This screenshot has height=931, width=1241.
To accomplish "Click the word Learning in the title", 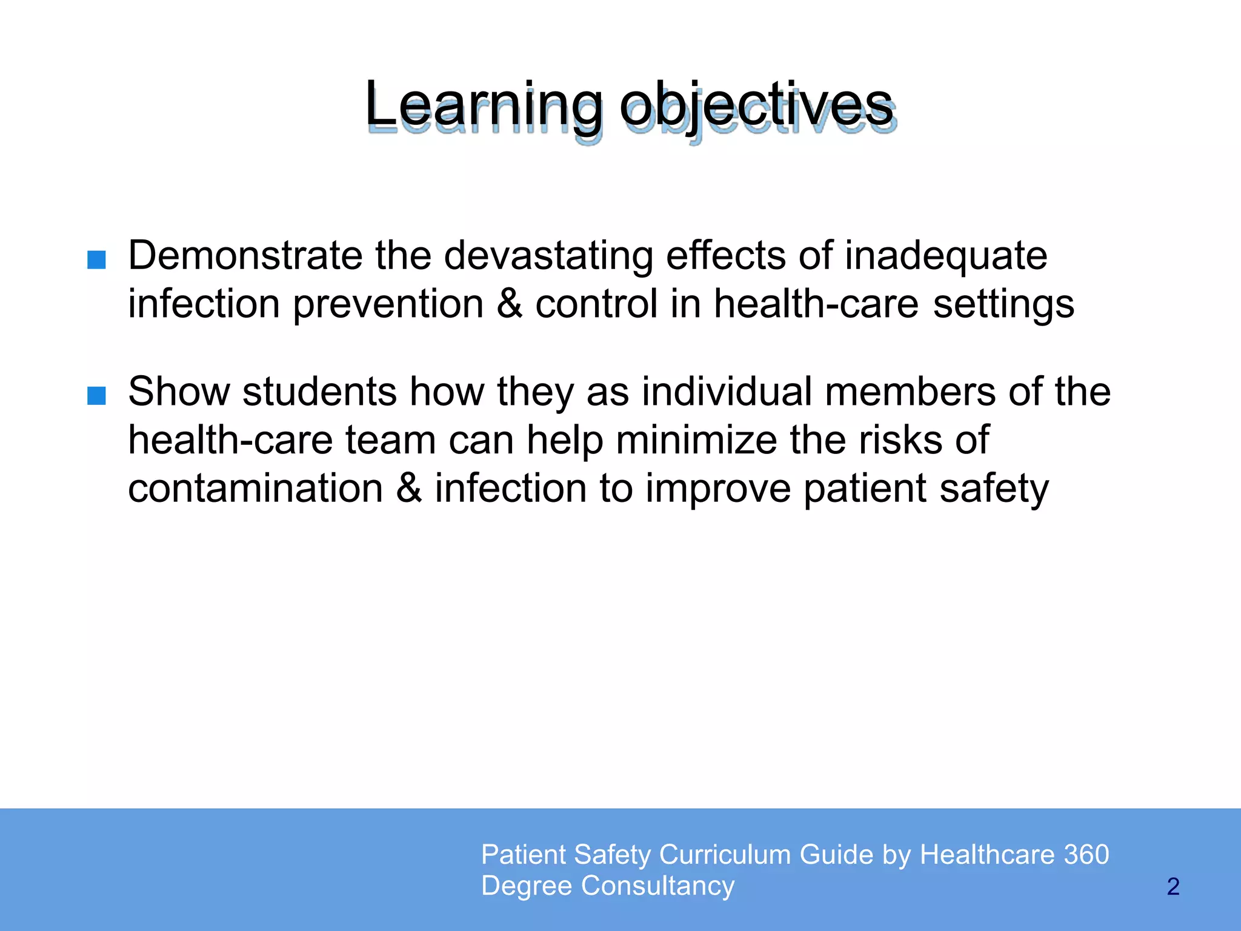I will [x=484, y=107].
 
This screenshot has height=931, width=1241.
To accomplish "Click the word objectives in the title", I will [x=756, y=107].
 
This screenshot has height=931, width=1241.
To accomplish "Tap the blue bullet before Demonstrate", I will [x=96, y=260].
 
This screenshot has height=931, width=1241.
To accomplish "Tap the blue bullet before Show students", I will [x=96, y=396].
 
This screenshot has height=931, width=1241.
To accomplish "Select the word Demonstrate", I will [x=245, y=255].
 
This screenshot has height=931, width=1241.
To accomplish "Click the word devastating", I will [x=548, y=255].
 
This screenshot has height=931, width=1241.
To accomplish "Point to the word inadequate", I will [x=946, y=255].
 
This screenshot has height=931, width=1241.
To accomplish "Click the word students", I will [x=319, y=392].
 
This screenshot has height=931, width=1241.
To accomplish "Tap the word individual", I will [x=727, y=392].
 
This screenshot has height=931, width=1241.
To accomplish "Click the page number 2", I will [x=1173, y=887].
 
